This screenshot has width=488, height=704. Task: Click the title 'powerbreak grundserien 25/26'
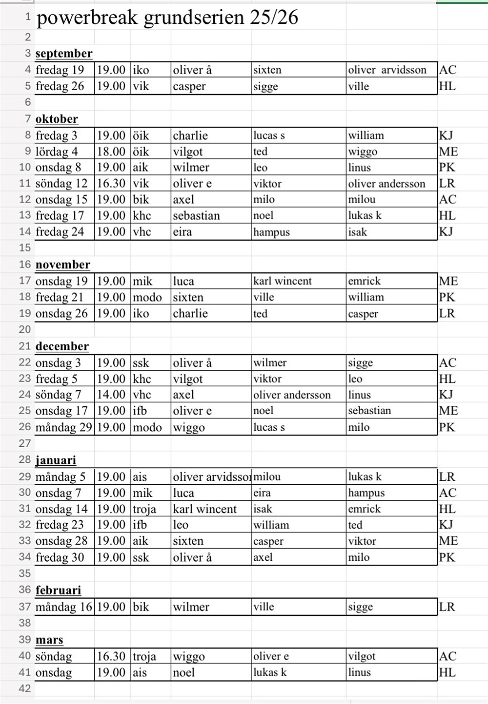[167, 18]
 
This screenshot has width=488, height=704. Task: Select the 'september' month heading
[64, 54]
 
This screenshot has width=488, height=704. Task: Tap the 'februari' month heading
[58, 590]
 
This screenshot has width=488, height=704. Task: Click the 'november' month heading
[63, 265]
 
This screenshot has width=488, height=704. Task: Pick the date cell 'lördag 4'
[57, 152]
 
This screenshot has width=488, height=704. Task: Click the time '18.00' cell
[111, 152]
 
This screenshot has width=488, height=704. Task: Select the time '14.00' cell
[111, 395]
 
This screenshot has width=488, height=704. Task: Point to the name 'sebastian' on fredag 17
[196, 216]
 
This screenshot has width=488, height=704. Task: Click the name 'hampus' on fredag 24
[271, 232]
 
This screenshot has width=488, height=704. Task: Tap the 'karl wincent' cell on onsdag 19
[282, 281]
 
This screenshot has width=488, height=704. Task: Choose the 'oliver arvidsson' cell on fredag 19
[387, 70]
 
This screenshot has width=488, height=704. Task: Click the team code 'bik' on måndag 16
[141, 607]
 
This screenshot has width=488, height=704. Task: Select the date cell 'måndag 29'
[63, 427]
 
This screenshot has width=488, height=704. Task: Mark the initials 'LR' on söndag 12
[447, 184]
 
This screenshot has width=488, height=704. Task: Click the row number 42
[25, 688]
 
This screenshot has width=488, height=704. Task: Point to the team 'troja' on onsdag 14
[144, 509]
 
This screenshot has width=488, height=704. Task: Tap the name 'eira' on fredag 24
[182, 232]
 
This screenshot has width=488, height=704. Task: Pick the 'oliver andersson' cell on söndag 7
[292, 395]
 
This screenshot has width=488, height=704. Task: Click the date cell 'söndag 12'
[61, 184]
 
